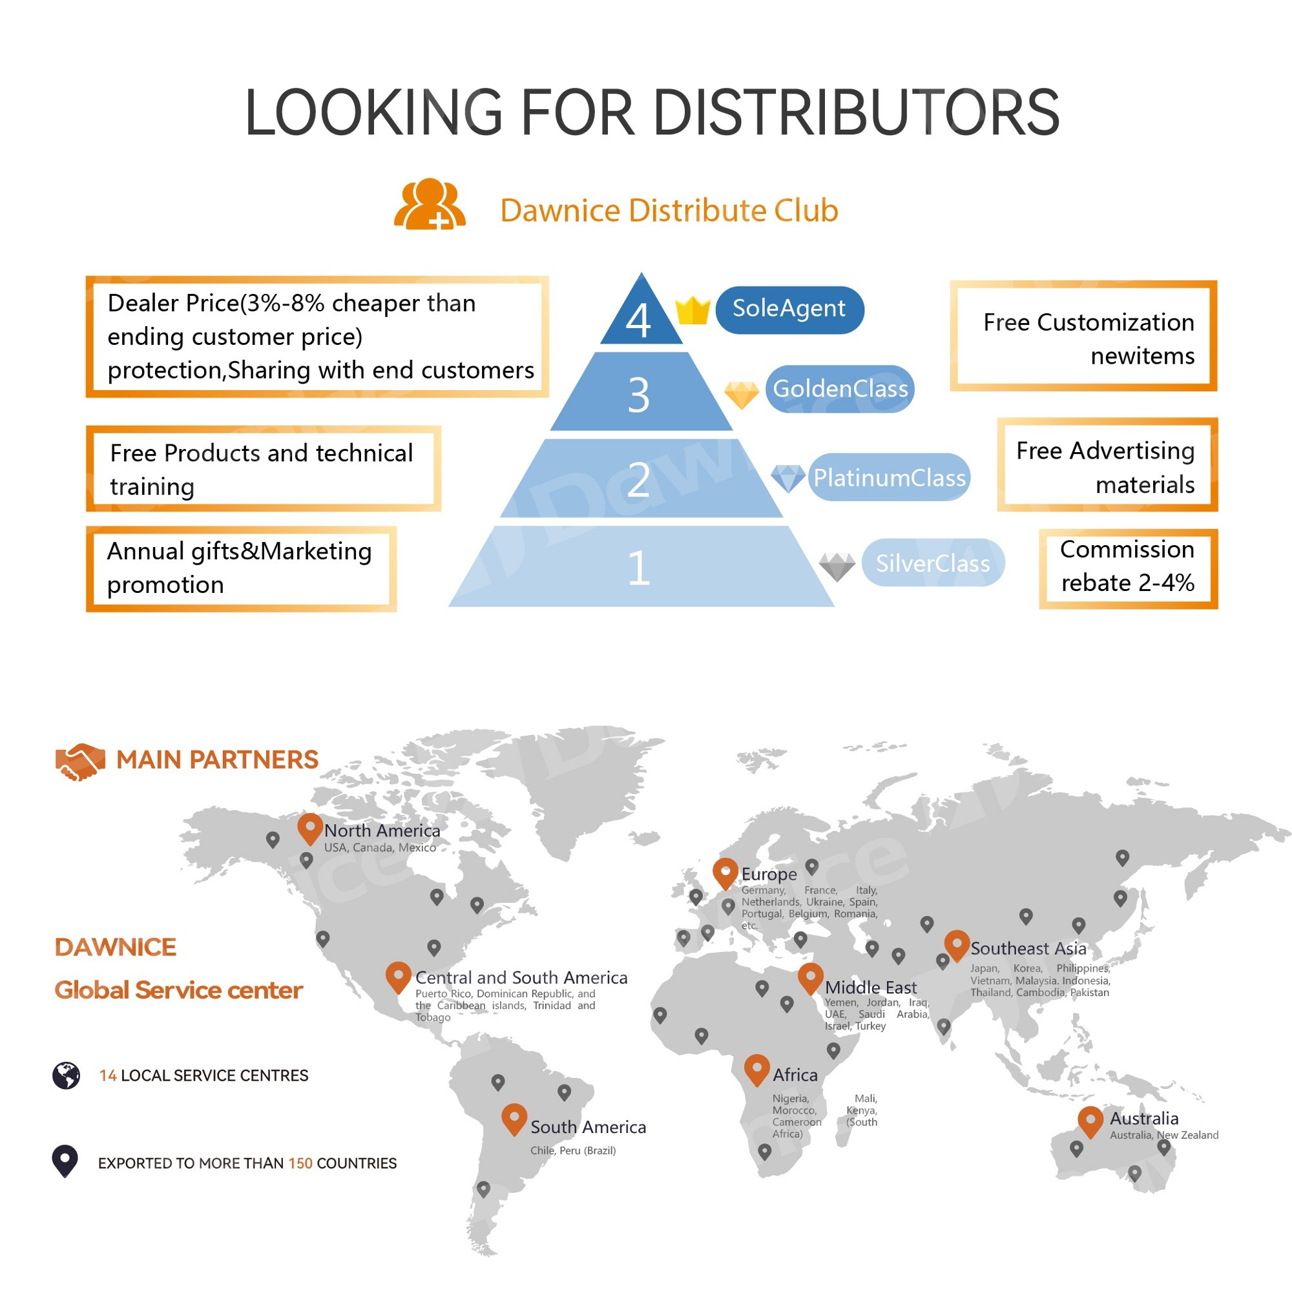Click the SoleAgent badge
789,309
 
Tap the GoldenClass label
840,389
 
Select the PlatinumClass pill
888,477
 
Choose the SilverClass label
932,563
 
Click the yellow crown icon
692,311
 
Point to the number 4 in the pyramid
638,320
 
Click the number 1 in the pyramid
638,567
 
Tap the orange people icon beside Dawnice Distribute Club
430,205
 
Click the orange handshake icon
80,762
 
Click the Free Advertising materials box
1107,464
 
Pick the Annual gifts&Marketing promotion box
240,568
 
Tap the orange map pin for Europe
725,872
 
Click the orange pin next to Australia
1090,1121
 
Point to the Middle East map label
870,987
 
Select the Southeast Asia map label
1027,948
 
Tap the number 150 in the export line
300,1163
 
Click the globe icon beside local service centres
67,1075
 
